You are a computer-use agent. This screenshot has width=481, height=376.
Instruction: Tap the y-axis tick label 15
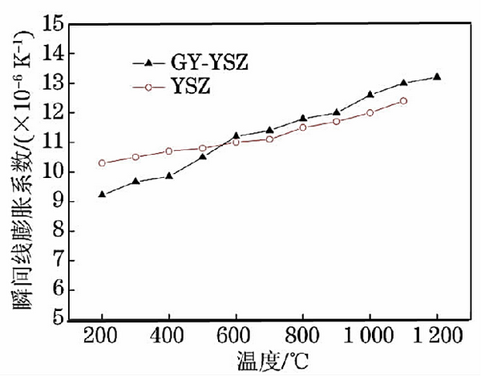tap(53, 25)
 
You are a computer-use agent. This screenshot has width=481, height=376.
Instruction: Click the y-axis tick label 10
tap(53, 172)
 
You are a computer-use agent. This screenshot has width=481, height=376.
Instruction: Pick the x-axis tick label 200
tap(102, 335)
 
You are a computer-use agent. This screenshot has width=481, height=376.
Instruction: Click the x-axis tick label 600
tap(236, 335)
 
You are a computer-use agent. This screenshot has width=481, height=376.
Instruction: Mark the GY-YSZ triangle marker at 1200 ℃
tap(437, 77)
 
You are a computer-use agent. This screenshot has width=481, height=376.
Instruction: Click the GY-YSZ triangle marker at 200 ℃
tap(102, 194)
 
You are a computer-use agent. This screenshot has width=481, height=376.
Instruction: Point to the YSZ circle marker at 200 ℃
tap(102, 163)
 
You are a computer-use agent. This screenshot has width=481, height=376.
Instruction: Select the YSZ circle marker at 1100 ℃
tap(403, 101)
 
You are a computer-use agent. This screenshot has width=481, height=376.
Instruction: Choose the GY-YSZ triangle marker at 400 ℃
tap(169, 176)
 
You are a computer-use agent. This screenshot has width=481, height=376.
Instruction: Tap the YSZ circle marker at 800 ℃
tap(303, 127)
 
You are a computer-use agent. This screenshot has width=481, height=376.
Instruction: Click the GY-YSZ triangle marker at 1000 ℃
tap(370, 95)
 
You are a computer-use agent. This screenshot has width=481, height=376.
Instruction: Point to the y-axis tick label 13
tap(53, 84)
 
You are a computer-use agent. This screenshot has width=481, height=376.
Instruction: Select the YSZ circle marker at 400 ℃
tap(169, 151)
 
